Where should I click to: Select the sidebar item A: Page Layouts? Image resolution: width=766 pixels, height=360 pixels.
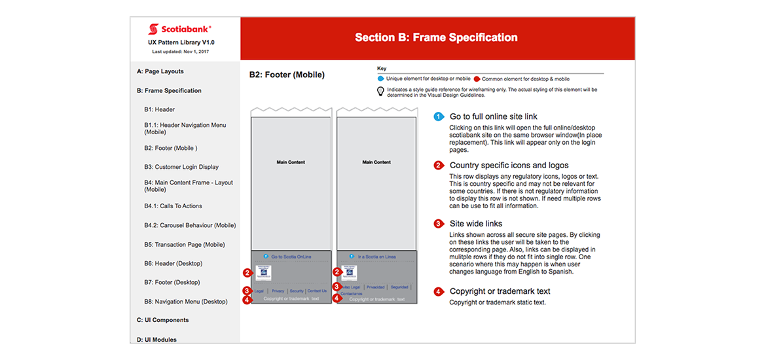tap(160, 71)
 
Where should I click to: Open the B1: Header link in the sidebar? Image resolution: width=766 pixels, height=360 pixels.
tap(159, 109)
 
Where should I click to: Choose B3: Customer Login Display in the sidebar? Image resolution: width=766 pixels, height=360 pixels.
tap(181, 167)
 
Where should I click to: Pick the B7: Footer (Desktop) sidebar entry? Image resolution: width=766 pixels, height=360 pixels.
tap(172, 282)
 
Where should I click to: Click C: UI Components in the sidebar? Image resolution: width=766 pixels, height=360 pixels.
tap(162, 320)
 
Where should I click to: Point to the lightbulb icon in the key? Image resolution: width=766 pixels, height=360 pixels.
tap(380, 92)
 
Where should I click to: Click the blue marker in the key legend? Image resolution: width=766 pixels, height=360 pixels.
tap(381, 79)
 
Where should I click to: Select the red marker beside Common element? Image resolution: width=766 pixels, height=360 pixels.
tap(477, 79)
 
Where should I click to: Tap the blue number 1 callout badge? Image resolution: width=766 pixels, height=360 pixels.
tap(439, 117)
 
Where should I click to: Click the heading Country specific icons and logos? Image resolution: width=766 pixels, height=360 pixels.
tap(509, 166)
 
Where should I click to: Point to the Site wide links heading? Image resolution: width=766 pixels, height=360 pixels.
tap(476, 224)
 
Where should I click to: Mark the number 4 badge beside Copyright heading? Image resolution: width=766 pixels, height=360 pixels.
tap(439, 291)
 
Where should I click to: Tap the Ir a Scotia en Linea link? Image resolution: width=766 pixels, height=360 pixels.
tap(376, 257)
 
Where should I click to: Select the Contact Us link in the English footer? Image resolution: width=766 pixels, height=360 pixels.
tap(317, 291)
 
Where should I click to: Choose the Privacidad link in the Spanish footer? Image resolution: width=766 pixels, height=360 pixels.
tap(376, 287)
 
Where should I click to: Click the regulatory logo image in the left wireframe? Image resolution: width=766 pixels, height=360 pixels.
tap(263, 273)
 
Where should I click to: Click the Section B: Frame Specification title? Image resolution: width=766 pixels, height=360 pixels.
tap(436, 37)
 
